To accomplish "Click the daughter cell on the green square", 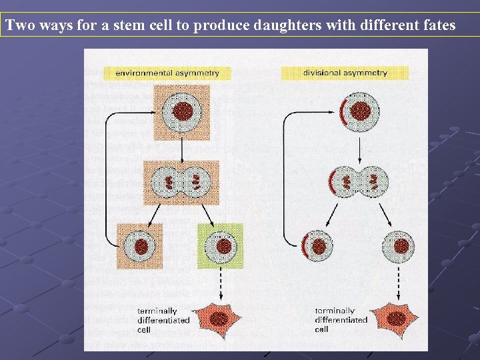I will (x=221, y=246).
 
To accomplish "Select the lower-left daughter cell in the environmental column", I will (x=140, y=246).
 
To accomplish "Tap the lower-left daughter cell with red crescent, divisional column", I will (x=317, y=246).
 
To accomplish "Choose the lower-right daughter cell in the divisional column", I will (x=399, y=246).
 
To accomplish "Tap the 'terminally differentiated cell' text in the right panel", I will (x=340, y=320).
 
